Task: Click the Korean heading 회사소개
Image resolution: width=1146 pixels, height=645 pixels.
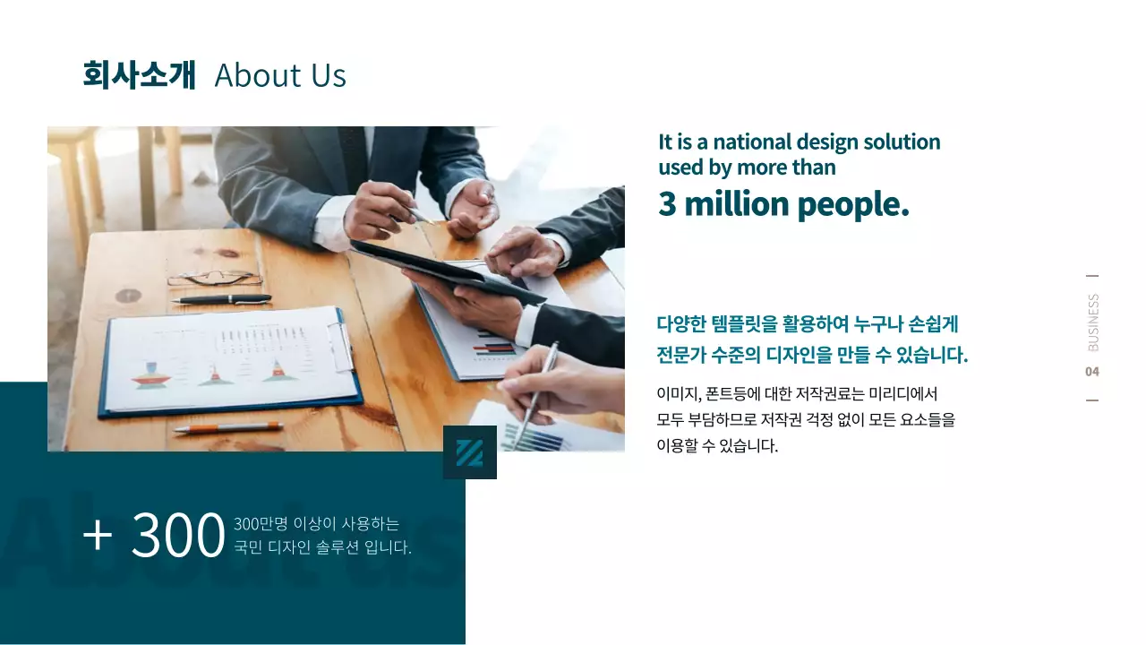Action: click(138, 75)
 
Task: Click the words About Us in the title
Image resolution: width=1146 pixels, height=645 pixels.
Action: click(280, 76)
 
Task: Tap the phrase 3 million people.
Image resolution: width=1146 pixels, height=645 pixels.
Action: click(783, 204)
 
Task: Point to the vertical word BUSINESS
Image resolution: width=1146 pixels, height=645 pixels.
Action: click(1093, 322)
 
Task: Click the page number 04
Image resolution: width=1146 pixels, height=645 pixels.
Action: click(1092, 372)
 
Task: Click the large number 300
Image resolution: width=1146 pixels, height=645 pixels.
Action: click(177, 535)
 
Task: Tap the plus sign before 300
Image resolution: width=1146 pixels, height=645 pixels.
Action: click(98, 535)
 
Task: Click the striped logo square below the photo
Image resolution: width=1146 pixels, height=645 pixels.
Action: click(470, 452)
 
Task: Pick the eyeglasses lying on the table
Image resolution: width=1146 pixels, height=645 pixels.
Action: click(214, 278)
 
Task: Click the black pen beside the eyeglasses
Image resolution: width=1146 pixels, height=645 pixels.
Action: click(222, 299)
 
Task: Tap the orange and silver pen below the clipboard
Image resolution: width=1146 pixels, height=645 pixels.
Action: click(227, 428)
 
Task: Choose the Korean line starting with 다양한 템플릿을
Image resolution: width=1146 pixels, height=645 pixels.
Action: click(808, 324)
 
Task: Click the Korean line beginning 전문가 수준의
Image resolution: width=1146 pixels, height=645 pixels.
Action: click(812, 355)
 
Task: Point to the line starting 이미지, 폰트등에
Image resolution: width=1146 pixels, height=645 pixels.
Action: click(796, 393)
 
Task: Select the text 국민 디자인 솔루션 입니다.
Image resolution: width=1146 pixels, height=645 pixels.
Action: click(322, 547)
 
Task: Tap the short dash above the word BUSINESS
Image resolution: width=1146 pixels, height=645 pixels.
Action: click(1092, 277)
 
